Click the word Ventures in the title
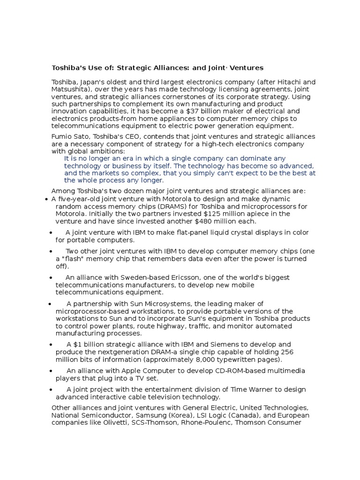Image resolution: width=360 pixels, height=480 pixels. point(247,68)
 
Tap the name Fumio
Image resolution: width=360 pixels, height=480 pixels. point(61,136)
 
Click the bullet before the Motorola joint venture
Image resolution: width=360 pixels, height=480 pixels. point(47,199)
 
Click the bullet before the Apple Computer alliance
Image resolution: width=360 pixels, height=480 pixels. point(51,371)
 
